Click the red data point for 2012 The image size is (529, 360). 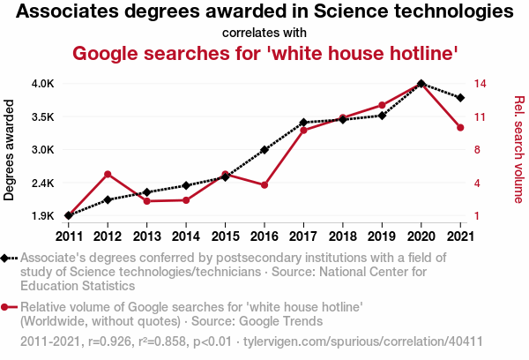click(108, 174)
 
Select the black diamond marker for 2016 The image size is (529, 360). click(264, 150)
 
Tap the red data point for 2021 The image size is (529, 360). click(460, 128)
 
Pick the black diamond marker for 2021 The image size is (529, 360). click(460, 97)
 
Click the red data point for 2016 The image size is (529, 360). click(264, 184)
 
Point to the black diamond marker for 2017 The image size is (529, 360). click(303, 123)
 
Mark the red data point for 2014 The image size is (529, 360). click(186, 200)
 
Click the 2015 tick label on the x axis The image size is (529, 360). click(225, 236)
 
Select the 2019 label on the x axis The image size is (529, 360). click(382, 236)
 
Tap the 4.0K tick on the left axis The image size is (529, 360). click(43, 84)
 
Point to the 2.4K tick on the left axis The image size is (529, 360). click(43, 183)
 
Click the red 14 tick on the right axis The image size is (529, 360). click(481, 84)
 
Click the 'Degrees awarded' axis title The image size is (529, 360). click(11, 150)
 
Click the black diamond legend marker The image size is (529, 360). click(7, 258)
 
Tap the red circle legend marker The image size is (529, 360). click(7, 307)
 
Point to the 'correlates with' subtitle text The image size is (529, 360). click(264, 33)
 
